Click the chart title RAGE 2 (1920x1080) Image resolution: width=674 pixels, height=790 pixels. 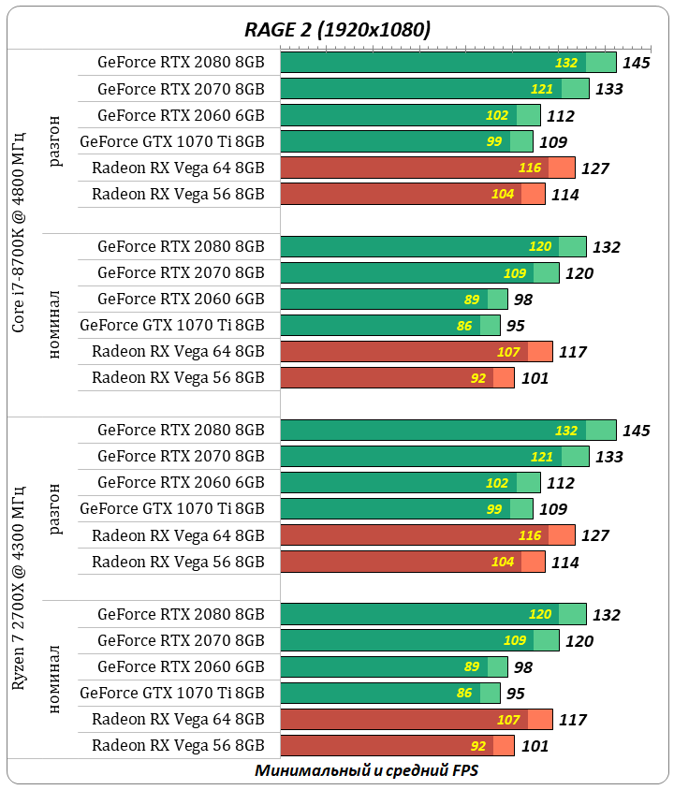[x=337, y=29]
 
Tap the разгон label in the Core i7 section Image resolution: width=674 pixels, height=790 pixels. [x=56, y=141]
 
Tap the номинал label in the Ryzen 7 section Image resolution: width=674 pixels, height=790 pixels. [x=56, y=679]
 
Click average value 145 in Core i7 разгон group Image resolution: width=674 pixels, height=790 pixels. [x=636, y=64]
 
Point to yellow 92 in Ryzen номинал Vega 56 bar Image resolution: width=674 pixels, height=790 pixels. [x=478, y=747]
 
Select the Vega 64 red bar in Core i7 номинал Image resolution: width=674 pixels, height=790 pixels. [x=417, y=352]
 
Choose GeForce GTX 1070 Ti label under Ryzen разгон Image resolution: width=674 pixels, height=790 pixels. [x=172, y=509]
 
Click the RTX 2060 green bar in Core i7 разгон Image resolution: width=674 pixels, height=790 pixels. [x=410, y=116]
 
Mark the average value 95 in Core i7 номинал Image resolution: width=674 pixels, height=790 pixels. [x=515, y=327]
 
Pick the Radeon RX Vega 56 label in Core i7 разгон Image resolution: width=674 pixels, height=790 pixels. [x=178, y=195]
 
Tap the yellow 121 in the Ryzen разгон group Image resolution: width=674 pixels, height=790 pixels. [x=542, y=457]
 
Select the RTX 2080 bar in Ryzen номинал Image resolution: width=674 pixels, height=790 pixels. [x=432, y=615]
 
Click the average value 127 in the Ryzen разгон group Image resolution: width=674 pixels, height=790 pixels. [x=594, y=536]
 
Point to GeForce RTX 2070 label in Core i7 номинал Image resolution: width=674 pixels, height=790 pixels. [x=181, y=273]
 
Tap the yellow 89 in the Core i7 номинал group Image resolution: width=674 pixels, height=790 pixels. [x=472, y=300]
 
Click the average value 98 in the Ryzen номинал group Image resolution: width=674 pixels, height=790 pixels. [x=522, y=667]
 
